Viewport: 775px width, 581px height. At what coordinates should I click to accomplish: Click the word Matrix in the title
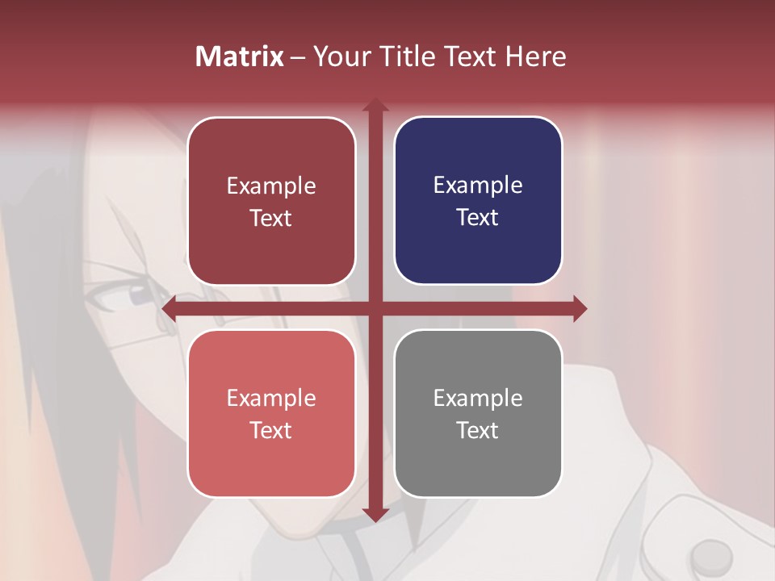[x=240, y=56]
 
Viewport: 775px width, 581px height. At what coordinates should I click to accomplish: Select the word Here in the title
[x=535, y=56]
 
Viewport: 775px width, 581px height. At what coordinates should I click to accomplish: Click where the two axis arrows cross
[x=375, y=308]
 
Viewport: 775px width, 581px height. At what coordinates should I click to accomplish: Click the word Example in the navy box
[x=478, y=185]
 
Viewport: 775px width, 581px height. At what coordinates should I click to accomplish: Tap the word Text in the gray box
[x=478, y=430]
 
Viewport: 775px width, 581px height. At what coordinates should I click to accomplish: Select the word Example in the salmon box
[x=271, y=398]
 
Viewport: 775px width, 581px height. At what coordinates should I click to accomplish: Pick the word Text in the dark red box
[x=271, y=218]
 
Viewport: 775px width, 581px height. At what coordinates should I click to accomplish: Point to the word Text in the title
[x=470, y=56]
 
